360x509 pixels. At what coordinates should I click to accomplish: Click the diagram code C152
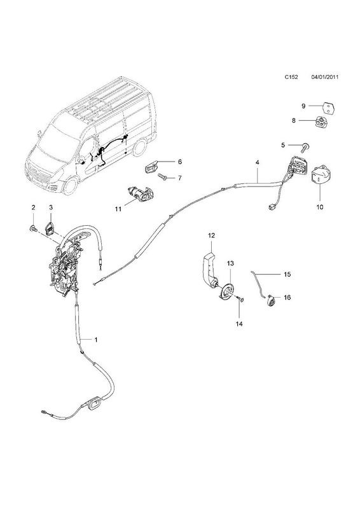tap(291, 87)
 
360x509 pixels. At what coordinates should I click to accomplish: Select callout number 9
tap(303, 106)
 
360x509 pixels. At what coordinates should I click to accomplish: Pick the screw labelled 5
tap(305, 148)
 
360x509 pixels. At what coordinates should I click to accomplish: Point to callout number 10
tap(320, 207)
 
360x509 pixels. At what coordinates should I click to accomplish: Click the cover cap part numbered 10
tap(320, 177)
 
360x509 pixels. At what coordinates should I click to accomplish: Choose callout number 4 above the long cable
tap(258, 162)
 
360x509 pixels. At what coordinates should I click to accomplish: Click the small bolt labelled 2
tap(33, 229)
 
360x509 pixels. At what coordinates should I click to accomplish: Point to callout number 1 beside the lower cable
tap(96, 340)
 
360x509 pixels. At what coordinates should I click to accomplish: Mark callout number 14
tap(240, 324)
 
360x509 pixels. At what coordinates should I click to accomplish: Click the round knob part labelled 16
tap(270, 301)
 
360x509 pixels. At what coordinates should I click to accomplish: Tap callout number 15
tap(287, 274)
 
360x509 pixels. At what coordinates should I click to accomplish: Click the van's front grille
tap(38, 172)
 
